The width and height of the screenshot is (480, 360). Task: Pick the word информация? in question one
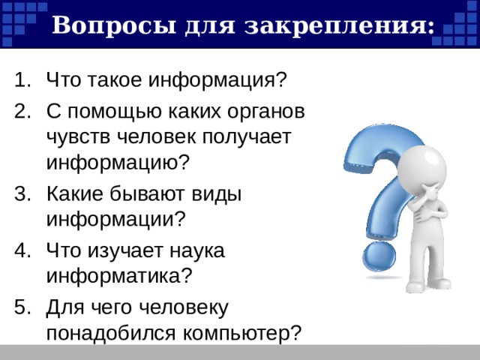pyautogui.click(x=217, y=80)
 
